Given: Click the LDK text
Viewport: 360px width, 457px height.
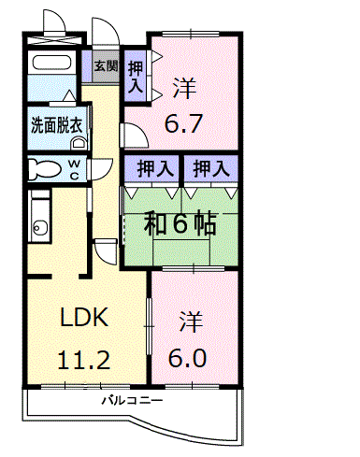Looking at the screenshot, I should click(84, 318).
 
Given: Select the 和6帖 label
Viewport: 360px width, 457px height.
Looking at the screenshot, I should click(180, 223).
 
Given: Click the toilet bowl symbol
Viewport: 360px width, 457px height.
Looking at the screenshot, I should click(42, 169).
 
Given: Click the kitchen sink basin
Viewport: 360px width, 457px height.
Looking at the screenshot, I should click(38, 227).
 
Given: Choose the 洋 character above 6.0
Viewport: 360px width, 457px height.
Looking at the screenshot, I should click(189, 319).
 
